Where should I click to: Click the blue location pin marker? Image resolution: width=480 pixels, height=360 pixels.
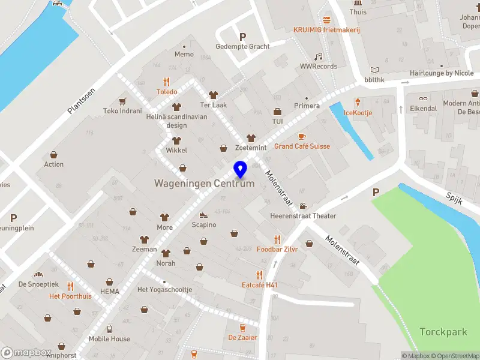tap(241, 170)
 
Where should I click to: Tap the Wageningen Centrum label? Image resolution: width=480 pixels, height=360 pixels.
tap(204, 184)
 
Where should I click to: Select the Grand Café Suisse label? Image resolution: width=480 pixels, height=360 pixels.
tap(302, 146)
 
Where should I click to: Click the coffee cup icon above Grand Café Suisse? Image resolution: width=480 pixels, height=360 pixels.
tap(302, 136)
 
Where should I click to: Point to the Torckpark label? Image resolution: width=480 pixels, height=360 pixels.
tap(443, 332)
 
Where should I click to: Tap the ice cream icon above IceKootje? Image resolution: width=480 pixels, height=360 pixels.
tap(358, 103)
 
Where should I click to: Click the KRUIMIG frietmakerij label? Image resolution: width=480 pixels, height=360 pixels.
tap(326, 30)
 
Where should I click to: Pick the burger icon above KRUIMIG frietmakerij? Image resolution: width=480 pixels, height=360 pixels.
tap(326, 20)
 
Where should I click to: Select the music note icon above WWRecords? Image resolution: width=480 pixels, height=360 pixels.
tap(319, 56)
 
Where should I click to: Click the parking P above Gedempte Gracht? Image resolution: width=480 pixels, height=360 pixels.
tap(242, 37)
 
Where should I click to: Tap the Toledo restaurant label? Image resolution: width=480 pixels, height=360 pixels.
tap(167, 92)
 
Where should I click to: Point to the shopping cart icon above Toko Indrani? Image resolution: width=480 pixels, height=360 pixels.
tap(122, 101)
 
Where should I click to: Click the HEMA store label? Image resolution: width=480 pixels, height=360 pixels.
tap(110, 292)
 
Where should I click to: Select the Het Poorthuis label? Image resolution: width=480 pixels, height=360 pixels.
tap(70, 296)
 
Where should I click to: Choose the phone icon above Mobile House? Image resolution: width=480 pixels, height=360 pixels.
tap(109, 329)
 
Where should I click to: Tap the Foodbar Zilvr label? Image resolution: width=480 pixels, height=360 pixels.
tap(277, 249)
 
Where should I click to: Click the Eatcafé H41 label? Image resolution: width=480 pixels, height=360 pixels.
tap(260, 285)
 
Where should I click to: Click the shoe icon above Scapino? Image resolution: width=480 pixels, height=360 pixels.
tap(203, 215)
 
